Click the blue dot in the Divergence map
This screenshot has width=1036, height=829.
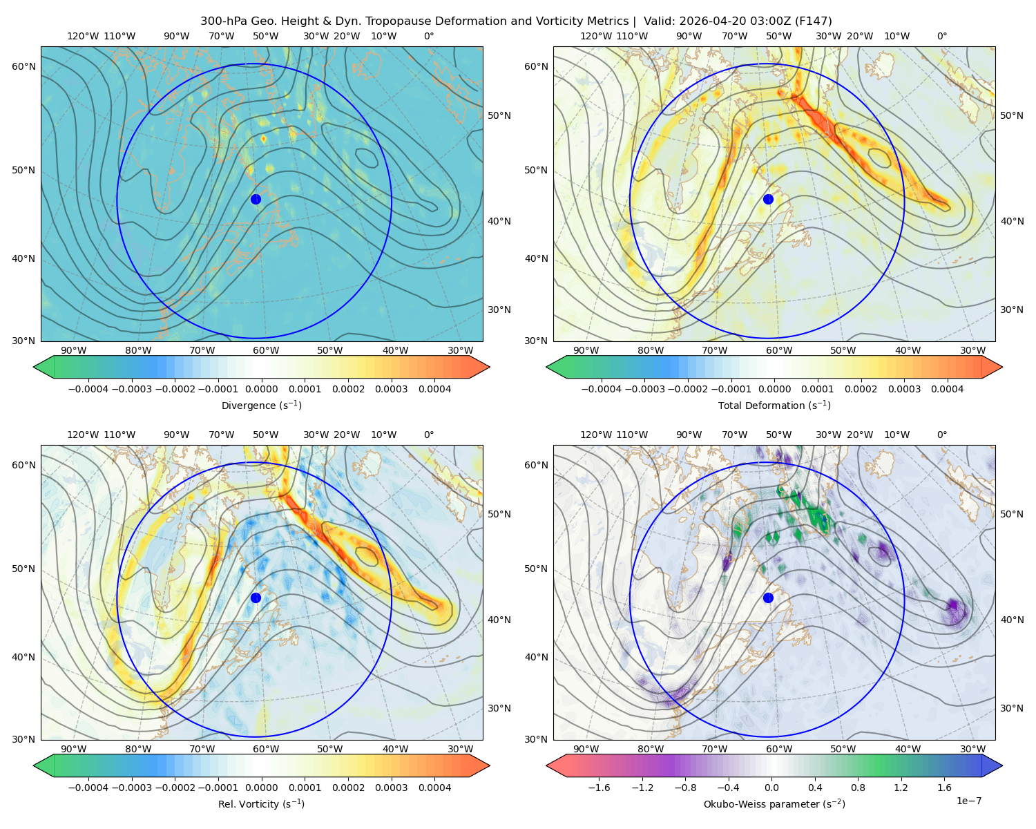click(x=256, y=199)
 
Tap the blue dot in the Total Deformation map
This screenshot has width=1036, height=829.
click(x=768, y=199)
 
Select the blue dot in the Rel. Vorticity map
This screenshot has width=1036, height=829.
click(x=256, y=598)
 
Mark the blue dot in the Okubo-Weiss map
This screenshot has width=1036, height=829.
click(x=768, y=598)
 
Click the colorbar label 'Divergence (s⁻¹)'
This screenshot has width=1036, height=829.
click(x=261, y=405)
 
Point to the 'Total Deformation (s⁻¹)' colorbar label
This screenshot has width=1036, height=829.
click(x=774, y=405)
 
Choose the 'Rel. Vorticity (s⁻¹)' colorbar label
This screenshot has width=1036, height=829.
click(x=261, y=804)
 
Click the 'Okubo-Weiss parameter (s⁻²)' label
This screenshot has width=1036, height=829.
click(x=774, y=804)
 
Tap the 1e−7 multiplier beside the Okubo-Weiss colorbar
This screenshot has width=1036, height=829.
click(x=968, y=801)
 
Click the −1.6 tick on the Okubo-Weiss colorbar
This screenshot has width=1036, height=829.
click(x=599, y=788)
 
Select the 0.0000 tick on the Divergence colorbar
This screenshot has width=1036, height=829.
click(x=261, y=389)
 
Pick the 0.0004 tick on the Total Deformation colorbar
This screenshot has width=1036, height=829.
click(x=947, y=389)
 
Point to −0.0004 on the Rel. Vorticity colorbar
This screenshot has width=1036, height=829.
click(x=88, y=788)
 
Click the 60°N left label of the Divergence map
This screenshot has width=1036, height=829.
click(x=23, y=66)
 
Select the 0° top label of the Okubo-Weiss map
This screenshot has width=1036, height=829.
click(x=941, y=435)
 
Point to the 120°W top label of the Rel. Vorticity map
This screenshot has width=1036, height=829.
click(x=83, y=435)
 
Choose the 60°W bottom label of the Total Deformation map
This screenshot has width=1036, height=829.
click(x=778, y=350)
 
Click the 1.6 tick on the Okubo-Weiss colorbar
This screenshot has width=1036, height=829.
click(x=945, y=788)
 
